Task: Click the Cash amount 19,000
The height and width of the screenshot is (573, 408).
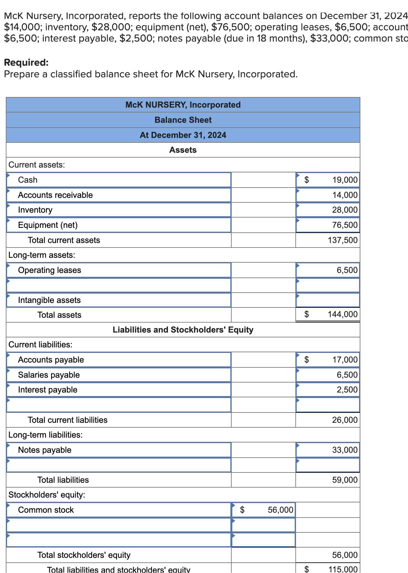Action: pos(345,180)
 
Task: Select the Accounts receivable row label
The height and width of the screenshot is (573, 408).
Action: pos(55,195)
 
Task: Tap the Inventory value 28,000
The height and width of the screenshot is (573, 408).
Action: pos(345,210)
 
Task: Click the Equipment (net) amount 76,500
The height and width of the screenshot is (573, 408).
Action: pos(345,225)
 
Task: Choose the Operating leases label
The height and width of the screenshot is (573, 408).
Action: pos(50,270)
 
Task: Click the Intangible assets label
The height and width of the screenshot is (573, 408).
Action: pos(49,300)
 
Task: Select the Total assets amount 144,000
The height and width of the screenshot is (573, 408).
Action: pos(343,314)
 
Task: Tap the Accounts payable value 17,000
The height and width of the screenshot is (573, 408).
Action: pos(345,360)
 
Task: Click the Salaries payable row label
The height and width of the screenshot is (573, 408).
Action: pos(49,375)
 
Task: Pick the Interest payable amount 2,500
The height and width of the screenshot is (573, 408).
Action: pos(347,390)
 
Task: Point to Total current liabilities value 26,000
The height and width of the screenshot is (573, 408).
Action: pos(345,420)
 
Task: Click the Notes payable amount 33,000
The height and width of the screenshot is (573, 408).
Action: pos(345,450)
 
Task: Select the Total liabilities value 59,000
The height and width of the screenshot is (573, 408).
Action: pos(345,480)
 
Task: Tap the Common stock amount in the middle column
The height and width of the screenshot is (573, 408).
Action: pos(280,510)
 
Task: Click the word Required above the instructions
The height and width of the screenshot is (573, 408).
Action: pos(26,62)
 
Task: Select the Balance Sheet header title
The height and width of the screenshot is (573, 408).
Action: pos(183,120)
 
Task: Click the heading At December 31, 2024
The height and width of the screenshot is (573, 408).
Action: pos(183,135)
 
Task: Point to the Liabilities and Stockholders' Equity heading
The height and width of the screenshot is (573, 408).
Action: pos(183,330)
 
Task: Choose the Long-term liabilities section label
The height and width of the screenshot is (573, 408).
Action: pos(45,435)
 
